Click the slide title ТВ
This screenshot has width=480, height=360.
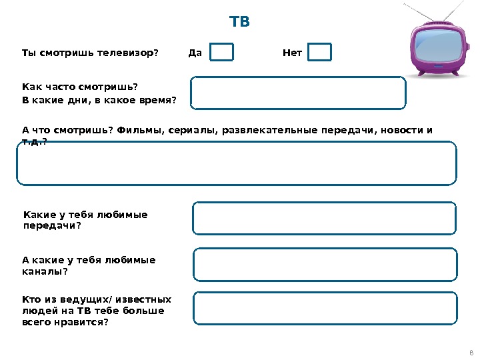point(239,22)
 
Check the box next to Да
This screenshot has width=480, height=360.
point(222,53)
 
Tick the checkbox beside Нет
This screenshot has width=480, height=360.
point(320,53)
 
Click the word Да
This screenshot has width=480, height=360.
point(195,53)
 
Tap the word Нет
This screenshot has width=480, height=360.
point(292,53)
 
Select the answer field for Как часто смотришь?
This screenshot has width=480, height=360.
point(298,93)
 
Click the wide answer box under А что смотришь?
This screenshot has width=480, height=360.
point(237,163)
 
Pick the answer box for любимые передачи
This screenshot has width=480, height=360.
point(325,219)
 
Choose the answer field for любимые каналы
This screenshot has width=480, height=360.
point(325,265)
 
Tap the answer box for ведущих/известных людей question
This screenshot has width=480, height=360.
point(325,308)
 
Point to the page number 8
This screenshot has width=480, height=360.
point(471,353)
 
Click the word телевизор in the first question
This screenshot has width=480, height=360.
point(125,53)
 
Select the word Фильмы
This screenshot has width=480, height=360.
point(141,130)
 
